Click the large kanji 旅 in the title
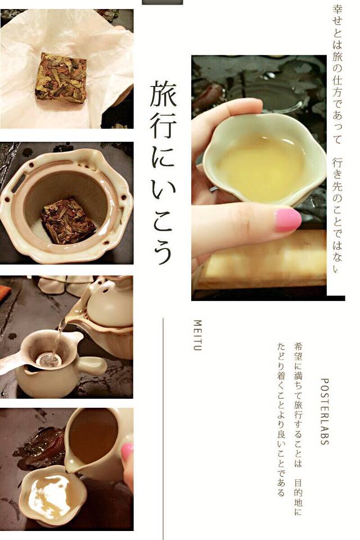click(x=163, y=94)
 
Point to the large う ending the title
click(x=163, y=251)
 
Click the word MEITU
click(x=197, y=335)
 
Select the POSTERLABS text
click(x=324, y=412)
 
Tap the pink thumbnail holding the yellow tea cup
click(x=287, y=220)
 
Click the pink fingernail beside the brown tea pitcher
click(x=127, y=451)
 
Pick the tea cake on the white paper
click(x=61, y=78)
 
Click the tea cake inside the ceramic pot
click(x=68, y=220)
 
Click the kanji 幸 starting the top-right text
click(x=337, y=10)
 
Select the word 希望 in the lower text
click(x=298, y=351)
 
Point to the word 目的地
click(x=298, y=501)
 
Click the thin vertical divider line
click(x=163, y=429)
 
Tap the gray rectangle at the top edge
click(x=162, y=2)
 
